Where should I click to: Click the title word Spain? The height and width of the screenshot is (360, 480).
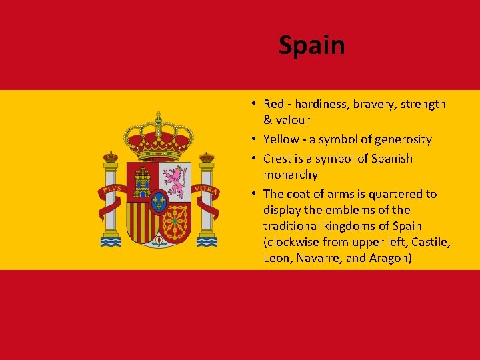(311, 45)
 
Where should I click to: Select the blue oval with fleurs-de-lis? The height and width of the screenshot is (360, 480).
(158, 201)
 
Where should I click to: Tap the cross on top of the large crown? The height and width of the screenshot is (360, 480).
(158, 115)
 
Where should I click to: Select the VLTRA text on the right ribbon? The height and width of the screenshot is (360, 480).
(205, 189)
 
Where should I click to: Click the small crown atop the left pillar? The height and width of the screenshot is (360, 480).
(111, 157)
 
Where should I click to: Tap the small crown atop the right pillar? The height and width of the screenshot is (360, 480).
(207, 157)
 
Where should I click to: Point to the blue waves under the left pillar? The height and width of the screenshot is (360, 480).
(111, 241)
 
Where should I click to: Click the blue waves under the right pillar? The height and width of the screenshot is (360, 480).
(206, 241)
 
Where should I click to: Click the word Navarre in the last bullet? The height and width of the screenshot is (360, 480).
(316, 258)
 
